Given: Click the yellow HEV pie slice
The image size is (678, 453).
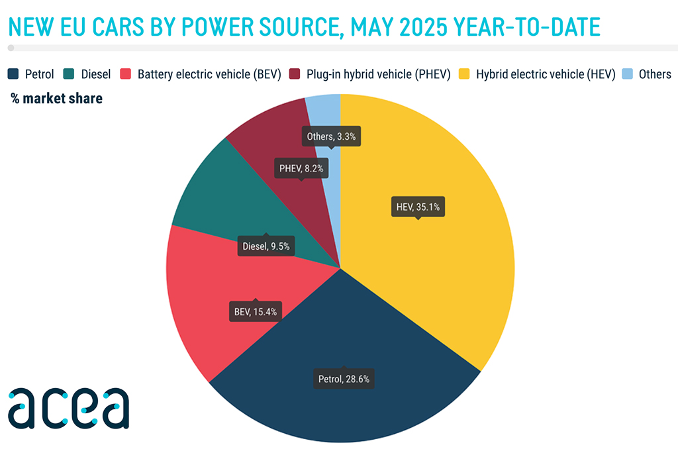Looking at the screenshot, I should pos(437,265).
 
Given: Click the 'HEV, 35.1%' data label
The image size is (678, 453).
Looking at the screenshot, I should pos(418,207).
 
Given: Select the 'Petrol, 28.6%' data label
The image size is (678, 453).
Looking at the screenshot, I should pos(343,379).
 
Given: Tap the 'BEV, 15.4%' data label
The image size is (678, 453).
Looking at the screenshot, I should pos(255,310).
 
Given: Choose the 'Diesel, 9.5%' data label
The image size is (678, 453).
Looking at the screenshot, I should pos(266,246).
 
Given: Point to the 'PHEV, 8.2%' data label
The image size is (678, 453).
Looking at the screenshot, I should pos(301,169).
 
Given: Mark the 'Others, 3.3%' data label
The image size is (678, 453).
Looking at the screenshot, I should pos(333,137).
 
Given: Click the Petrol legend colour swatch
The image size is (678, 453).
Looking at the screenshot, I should pos(13,74).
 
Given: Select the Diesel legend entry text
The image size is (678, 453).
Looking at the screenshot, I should pos(95,74).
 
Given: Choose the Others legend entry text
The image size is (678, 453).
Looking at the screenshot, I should pos(655,74).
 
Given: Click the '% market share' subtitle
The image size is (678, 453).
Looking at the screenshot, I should pos(56,99).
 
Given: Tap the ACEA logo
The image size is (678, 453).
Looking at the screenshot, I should pos(68,408).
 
